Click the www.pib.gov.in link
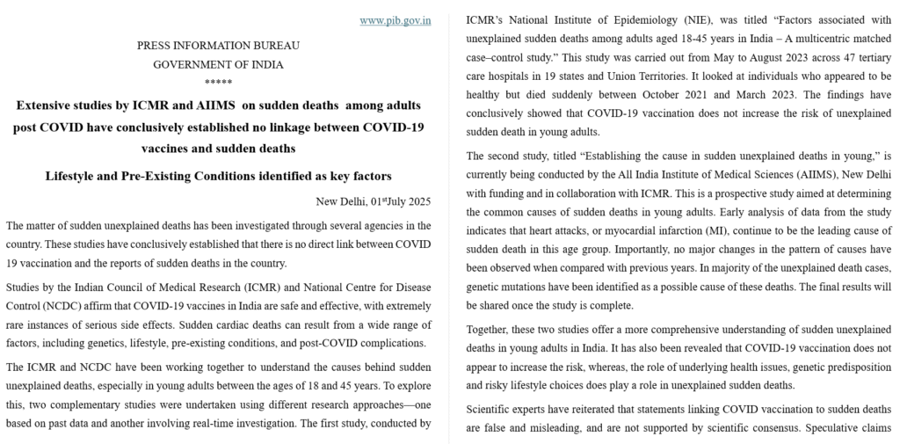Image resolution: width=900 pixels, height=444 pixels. [395, 20]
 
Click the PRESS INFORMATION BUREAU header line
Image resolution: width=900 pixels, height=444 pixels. [218, 46]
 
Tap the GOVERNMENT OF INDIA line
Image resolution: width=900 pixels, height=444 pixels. [218, 64]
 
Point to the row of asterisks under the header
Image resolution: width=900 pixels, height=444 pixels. [218, 83]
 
